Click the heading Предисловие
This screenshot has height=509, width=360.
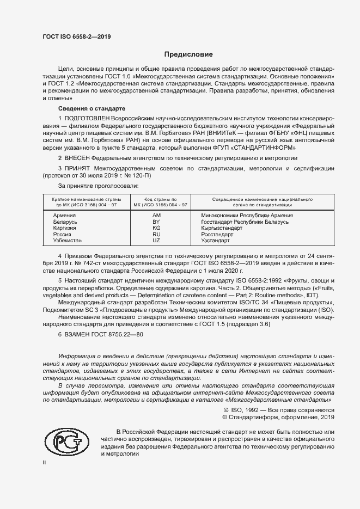coord(188,54)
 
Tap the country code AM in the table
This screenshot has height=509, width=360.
coord(156,216)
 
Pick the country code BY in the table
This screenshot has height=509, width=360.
coord(156,222)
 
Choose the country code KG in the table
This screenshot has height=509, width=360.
coord(156,228)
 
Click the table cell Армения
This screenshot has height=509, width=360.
coord(64,216)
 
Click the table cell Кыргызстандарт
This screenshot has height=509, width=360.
coord(222,228)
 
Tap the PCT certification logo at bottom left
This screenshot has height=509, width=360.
coord(65,442)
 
